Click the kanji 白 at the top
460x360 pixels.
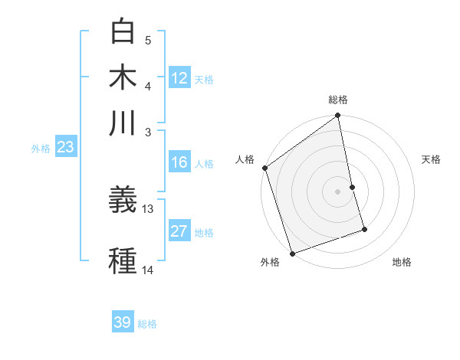(123, 32)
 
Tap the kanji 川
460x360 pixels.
(123, 123)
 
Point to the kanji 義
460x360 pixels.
(123, 201)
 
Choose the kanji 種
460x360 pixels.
(123, 260)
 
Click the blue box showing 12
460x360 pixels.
(179, 78)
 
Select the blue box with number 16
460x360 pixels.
(179, 162)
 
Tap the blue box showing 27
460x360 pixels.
(179, 232)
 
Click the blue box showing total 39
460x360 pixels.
(123, 322)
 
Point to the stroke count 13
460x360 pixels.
(148, 208)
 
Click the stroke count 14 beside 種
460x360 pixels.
(148, 270)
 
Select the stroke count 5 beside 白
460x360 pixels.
(148, 40)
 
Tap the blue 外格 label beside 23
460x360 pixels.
(41, 149)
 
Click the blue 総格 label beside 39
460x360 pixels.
(147, 323)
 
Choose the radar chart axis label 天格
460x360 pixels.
(432, 159)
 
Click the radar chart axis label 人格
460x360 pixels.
(245, 159)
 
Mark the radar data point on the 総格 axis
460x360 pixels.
(337, 116)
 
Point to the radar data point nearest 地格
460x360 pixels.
(364, 229)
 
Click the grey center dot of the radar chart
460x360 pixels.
(337, 191)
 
